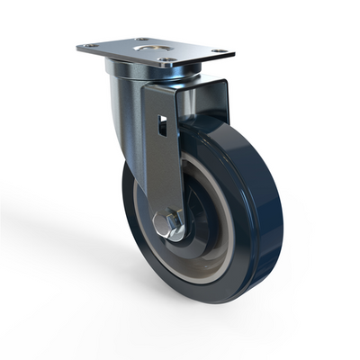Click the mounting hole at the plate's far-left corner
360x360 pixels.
pos(88,46)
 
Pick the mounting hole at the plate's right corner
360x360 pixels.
pos(219,52)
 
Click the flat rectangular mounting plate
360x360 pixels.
pos(184,51)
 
